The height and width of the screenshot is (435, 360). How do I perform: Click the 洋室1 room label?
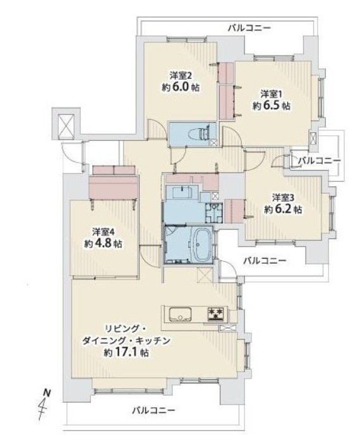[x=271, y=94]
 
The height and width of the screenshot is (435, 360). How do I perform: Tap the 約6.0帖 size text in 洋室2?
[x=181, y=87]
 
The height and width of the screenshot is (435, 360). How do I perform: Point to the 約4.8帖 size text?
[x=103, y=243]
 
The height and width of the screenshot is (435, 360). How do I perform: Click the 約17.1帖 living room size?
[x=126, y=353]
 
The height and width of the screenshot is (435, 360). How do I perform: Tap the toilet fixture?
[x=198, y=134]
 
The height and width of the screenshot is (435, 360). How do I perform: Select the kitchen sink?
[x=181, y=314]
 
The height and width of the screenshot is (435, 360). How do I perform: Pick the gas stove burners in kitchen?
[x=215, y=314]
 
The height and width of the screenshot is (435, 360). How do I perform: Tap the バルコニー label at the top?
[x=249, y=28]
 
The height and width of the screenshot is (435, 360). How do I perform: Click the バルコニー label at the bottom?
[x=153, y=410]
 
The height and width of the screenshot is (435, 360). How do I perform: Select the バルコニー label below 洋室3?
[x=265, y=260]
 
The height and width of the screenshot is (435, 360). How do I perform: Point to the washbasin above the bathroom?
[x=181, y=192]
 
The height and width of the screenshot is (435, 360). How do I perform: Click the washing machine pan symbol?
[x=213, y=212]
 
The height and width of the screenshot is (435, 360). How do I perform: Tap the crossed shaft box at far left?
[x=66, y=126]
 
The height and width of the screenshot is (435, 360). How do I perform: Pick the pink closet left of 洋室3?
[x=234, y=211]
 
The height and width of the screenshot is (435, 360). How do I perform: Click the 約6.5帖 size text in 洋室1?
[x=272, y=106]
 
